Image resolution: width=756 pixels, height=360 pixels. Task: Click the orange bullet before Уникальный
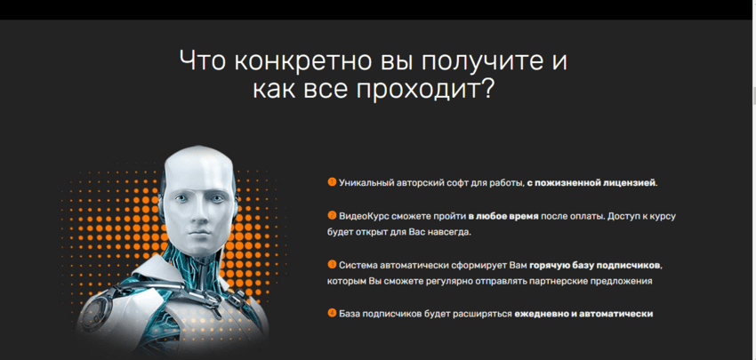pyautogui.click(x=332, y=182)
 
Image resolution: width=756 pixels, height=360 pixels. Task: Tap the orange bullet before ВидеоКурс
pyautogui.click(x=332, y=215)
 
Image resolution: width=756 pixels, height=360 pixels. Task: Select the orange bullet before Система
pyautogui.click(x=332, y=264)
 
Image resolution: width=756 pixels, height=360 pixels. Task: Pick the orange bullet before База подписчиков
pyautogui.click(x=332, y=313)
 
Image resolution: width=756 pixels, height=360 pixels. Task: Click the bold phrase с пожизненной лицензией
pyautogui.click(x=591, y=183)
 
